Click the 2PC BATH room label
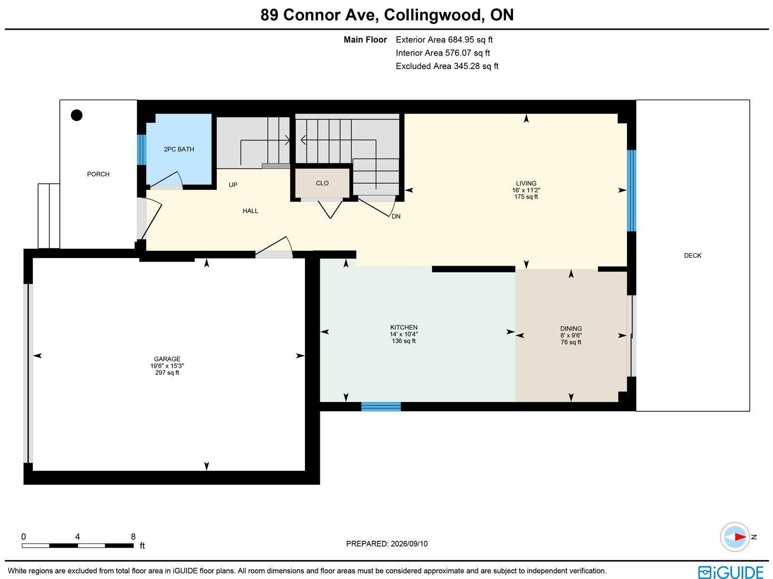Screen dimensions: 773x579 (x=179, y=149)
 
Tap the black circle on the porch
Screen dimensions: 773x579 (x=77, y=115)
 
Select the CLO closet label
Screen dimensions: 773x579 (x=322, y=183)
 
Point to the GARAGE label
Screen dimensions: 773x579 (x=167, y=359)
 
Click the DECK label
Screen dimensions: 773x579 (x=692, y=256)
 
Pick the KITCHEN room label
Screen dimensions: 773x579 (x=403, y=328)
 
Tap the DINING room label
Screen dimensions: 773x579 (x=571, y=329)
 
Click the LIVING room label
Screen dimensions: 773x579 (x=526, y=184)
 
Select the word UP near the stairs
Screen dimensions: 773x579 (x=233, y=185)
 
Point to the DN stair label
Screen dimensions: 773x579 (x=396, y=217)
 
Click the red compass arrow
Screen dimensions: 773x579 (x=740, y=537)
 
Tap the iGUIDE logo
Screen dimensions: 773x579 (x=731, y=572)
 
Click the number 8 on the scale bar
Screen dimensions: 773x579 (x=133, y=537)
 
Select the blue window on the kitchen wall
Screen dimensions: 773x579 (x=381, y=406)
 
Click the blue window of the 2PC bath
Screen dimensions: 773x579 (x=142, y=150)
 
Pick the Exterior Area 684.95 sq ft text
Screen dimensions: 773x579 (x=444, y=40)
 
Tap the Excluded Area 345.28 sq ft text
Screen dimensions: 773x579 (x=447, y=66)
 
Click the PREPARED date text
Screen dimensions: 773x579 (x=386, y=544)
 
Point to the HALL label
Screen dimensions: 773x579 (x=250, y=211)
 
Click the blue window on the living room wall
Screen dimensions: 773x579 (x=632, y=191)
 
